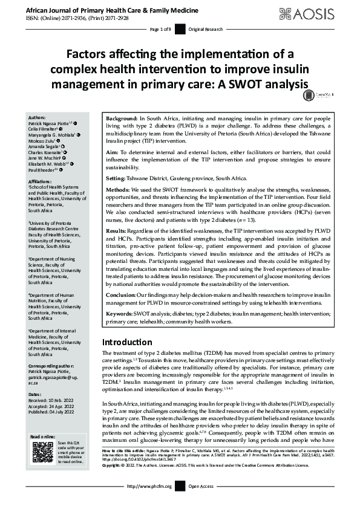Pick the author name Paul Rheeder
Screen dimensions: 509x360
pos(42,170)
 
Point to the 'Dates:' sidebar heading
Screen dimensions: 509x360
pos(36,394)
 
